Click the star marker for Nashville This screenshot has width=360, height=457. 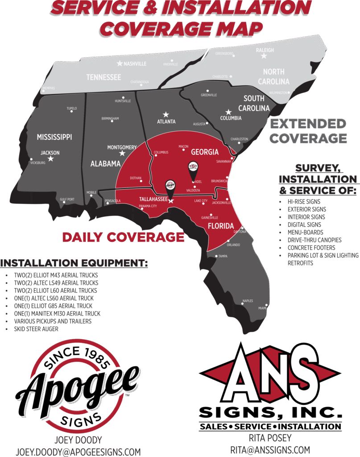pos(120,63)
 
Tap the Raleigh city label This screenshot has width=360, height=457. pos(265,50)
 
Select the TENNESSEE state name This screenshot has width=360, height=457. pos(103,77)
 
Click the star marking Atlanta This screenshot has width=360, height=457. pos(166,114)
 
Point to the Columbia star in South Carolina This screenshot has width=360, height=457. pos(228,112)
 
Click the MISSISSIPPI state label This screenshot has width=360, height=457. pos(54,137)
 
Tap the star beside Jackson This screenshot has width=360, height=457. pos(50,158)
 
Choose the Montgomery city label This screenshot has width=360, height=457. pos(122,147)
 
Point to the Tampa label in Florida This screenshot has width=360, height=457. pos(223,256)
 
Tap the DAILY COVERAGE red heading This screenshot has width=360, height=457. pos(123,237)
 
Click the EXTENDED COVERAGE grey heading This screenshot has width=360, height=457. pos(308,131)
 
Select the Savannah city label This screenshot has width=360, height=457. pos(224,162)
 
